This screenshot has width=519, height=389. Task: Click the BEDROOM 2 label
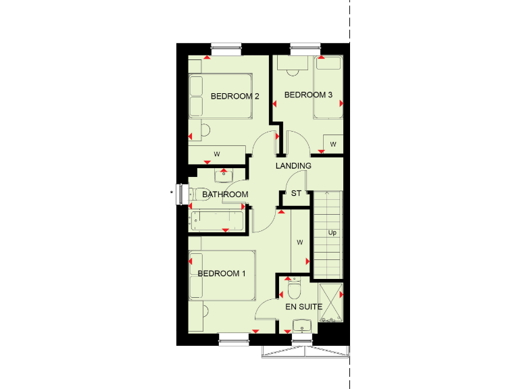click(x=235, y=97)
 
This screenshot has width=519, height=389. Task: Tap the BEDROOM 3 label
click(x=308, y=95)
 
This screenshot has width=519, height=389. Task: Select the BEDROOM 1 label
click(x=222, y=274)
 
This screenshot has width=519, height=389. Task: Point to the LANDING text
click(x=293, y=165)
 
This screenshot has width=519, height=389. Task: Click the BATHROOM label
click(x=225, y=194)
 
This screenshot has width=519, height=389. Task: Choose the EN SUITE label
click(x=303, y=307)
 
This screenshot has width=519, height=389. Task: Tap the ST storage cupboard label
click(x=296, y=194)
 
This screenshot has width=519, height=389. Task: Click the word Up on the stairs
click(x=332, y=233)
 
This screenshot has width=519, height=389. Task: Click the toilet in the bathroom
click(x=198, y=194)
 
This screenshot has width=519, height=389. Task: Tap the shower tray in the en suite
click(x=330, y=301)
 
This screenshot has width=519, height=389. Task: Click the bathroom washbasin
click(x=224, y=176)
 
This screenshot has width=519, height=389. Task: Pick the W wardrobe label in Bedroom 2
click(x=217, y=155)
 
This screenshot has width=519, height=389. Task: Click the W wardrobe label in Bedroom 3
click(x=332, y=145)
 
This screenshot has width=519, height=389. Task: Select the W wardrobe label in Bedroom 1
click(x=299, y=241)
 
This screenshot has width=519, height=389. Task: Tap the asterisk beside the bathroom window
click(x=172, y=193)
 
